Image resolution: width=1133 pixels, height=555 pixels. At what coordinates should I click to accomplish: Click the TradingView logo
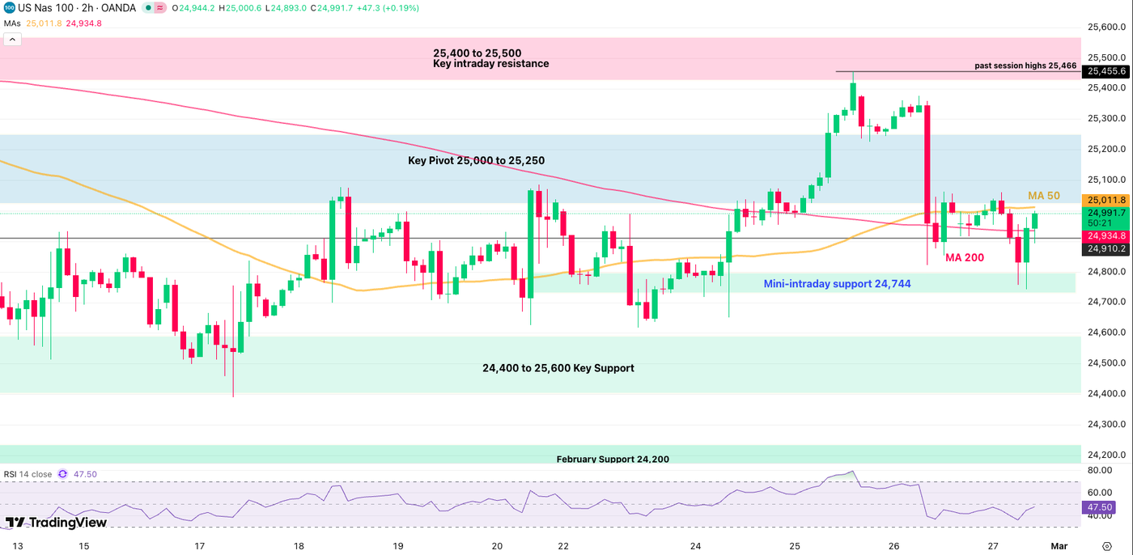tap(56, 523)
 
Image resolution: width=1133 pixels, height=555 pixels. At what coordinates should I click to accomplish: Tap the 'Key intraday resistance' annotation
tap(491, 64)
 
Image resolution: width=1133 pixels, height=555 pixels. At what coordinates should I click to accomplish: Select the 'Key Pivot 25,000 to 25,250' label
tap(476, 161)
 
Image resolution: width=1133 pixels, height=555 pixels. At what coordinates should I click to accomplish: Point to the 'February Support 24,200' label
tap(613, 459)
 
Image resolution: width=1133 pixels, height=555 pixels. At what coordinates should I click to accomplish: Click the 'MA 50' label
tap(1043, 196)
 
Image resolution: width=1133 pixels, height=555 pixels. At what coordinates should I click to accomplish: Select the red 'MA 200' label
tap(965, 257)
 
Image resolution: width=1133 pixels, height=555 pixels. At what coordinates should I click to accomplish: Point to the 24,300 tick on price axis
tap(1109, 424)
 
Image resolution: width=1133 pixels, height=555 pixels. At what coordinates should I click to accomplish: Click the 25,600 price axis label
tap(1109, 28)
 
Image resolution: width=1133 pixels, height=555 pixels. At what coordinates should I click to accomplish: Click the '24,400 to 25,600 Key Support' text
tap(558, 368)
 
